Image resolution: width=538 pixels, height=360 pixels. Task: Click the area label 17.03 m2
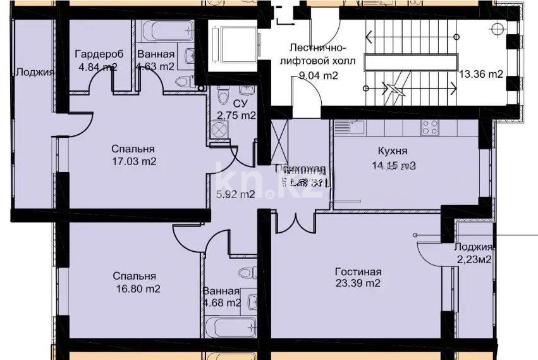tap(133, 161)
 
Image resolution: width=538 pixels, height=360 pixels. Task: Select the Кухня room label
tap(392, 151)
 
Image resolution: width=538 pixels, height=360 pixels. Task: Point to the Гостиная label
tap(358, 271)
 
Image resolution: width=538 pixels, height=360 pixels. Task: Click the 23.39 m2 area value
tap(358, 283)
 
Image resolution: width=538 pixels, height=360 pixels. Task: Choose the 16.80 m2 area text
tap(137, 289)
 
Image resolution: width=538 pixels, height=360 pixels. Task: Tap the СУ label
tap(240, 102)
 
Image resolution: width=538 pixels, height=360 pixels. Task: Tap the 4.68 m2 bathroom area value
tap(221, 303)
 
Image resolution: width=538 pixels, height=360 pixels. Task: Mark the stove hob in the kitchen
tap(431, 127)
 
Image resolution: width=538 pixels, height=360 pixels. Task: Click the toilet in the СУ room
tap(222, 97)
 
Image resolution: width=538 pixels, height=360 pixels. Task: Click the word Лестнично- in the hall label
tap(317, 48)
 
